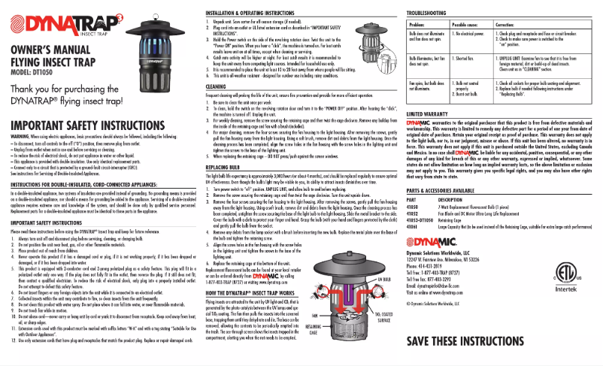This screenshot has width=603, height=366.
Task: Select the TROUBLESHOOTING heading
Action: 429,14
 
